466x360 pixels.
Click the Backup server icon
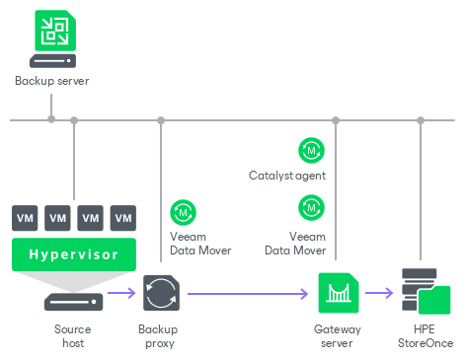52,38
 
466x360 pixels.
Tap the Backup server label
52,81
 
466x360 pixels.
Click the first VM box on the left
25,218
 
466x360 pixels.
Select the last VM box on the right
123,218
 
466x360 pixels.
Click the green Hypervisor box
74,254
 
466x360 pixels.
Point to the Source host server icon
73,302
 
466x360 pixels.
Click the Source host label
73,336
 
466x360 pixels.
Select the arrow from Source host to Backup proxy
121,293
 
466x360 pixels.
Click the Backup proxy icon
161,293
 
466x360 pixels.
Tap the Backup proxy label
158,336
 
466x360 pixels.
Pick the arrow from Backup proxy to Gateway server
248,294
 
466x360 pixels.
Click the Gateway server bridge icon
339,293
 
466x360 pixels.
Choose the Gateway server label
338,336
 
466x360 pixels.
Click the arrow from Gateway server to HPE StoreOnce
379,293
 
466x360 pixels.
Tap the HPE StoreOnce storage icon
427,291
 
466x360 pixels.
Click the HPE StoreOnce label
426,336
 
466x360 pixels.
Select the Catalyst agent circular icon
311,151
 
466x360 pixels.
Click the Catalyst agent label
287,176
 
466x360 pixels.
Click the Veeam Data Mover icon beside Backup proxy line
183,212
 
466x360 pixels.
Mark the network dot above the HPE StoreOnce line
421,120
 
